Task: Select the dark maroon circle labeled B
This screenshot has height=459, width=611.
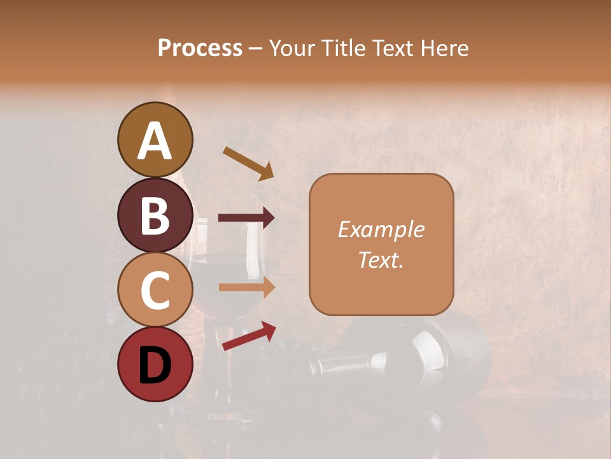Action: (155, 215)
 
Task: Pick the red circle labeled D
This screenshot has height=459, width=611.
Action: (155, 365)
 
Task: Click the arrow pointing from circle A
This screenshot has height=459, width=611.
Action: (248, 163)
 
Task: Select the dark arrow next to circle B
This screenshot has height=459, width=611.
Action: (246, 217)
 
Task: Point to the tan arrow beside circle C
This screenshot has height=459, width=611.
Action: (246, 287)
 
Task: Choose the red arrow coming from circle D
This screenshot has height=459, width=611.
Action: (249, 336)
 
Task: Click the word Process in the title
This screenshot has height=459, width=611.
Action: (200, 48)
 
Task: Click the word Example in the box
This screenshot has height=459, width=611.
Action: (381, 229)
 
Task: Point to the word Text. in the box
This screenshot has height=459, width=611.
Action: (381, 259)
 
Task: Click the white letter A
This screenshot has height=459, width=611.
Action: (155, 141)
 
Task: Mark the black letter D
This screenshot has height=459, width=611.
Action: (155, 366)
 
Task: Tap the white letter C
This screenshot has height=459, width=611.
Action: (155, 290)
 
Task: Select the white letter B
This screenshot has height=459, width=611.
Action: (155, 216)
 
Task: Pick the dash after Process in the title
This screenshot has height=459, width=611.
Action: (255, 49)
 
